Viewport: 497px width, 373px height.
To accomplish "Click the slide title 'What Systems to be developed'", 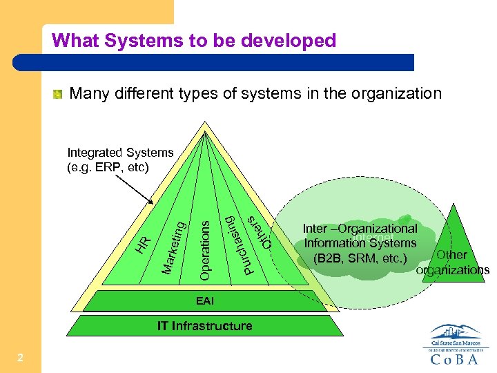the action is click(193, 41).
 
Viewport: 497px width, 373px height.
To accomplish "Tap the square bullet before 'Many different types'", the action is click(59, 94).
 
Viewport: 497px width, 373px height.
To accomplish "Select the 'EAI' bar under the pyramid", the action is click(205, 301).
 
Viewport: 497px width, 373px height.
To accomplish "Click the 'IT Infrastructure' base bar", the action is click(205, 325).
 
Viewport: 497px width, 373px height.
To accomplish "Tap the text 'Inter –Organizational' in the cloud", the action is click(360, 229).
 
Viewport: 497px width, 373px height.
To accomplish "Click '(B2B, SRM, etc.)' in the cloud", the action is click(360, 258).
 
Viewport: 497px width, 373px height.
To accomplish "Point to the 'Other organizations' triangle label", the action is click(453, 262).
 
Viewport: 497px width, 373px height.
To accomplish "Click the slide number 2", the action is click(21, 357).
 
